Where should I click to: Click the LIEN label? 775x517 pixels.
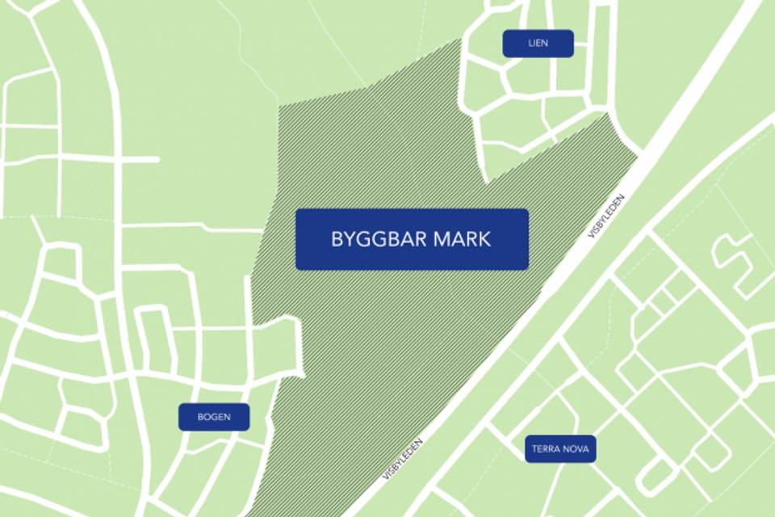pyautogui.click(x=538, y=44)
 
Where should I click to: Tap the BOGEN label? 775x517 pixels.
pyautogui.click(x=214, y=418)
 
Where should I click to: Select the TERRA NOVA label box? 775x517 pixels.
pyautogui.click(x=560, y=449)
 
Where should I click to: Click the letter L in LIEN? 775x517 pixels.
pyautogui.click(x=530, y=44)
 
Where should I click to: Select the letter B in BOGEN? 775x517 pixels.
pyautogui.click(x=200, y=418)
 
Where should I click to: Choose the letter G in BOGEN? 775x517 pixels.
pyautogui.click(x=214, y=418)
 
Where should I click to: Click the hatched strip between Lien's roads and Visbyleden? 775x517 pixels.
pyautogui.click(x=565, y=162)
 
